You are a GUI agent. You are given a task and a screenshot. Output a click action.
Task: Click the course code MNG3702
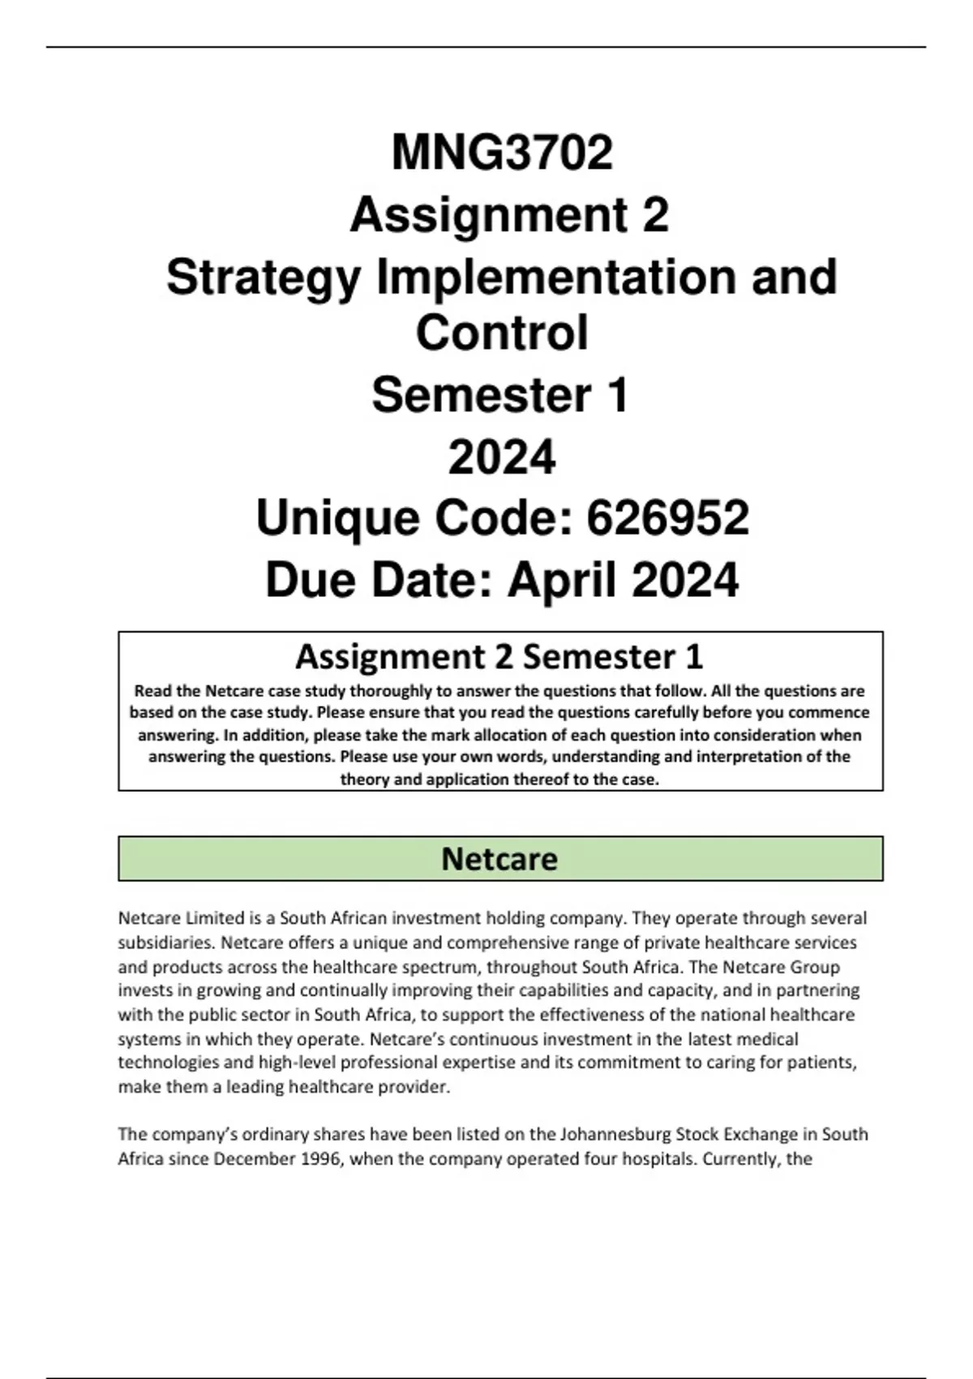[502, 153]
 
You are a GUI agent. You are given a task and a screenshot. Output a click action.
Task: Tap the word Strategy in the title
[264, 277]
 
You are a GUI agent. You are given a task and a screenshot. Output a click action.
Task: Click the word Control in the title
[502, 333]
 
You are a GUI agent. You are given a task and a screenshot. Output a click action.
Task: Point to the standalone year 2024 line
[502, 457]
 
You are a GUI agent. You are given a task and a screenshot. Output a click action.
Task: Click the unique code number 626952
[667, 518]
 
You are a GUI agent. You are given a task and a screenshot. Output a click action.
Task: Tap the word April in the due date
[563, 581]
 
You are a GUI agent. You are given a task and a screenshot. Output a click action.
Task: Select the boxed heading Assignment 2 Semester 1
[499, 656]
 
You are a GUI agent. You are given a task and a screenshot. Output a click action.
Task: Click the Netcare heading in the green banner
[499, 859]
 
